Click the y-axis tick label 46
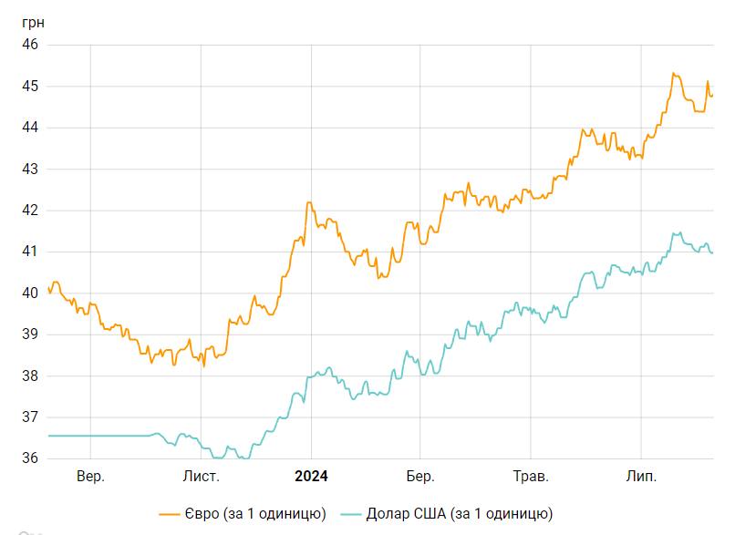pyautogui.click(x=30, y=45)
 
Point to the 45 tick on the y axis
pyautogui.click(x=30, y=87)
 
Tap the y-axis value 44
pyautogui.click(x=30, y=128)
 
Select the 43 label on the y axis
pyautogui.click(x=30, y=170)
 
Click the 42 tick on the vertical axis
pyautogui.click(x=30, y=211)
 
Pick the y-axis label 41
pyautogui.click(x=30, y=252)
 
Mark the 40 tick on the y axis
pyautogui.click(x=30, y=293)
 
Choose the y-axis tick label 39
pyautogui.click(x=30, y=334)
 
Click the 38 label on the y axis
pyautogui.click(x=30, y=376)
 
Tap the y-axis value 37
pyautogui.click(x=30, y=417)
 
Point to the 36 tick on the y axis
pyautogui.click(x=30, y=458)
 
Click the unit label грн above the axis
pyautogui.click(x=33, y=22)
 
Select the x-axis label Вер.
pyautogui.click(x=90, y=477)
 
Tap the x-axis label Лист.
pyautogui.click(x=201, y=477)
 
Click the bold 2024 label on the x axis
pyautogui.click(x=311, y=477)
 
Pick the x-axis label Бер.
pyautogui.click(x=420, y=477)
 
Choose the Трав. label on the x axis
pyautogui.click(x=531, y=477)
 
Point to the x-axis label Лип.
pyautogui.click(x=641, y=477)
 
